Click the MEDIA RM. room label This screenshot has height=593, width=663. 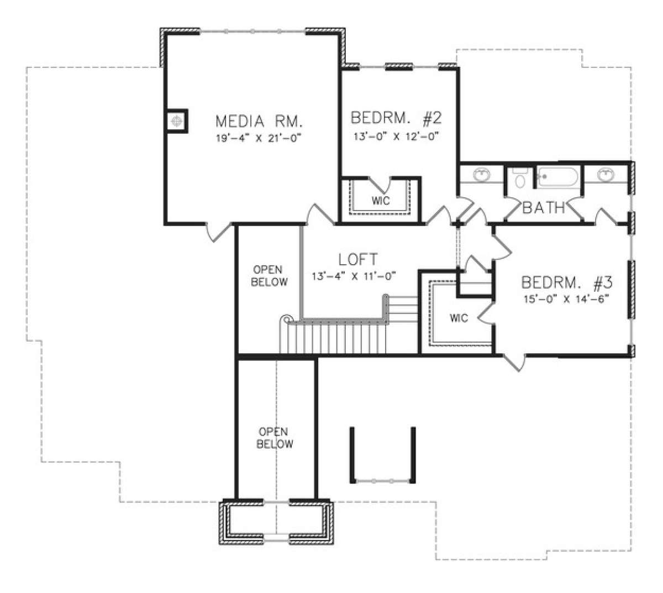click(x=259, y=122)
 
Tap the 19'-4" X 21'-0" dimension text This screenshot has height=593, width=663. click(x=258, y=138)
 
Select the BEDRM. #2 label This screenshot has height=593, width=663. click(x=396, y=118)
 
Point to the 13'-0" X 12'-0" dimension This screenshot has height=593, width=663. click(x=396, y=136)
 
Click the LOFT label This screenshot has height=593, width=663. click(x=358, y=259)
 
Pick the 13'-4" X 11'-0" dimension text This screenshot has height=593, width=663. click(x=354, y=276)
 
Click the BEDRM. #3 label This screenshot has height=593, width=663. click(x=566, y=282)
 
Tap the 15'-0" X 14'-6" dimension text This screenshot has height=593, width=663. click(x=566, y=300)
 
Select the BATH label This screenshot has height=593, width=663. click(x=543, y=208)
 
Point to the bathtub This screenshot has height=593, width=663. click(x=558, y=177)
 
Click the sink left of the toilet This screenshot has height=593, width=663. click(x=482, y=174)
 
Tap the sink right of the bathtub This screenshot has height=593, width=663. click(x=606, y=174)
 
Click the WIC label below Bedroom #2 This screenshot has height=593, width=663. click(x=381, y=201)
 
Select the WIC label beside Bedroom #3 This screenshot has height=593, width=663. click(x=459, y=318)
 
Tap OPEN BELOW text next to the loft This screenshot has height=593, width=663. click(x=269, y=276)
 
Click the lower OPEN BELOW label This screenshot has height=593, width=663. click(x=274, y=438)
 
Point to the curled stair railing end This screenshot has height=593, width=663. click(x=286, y=319)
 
